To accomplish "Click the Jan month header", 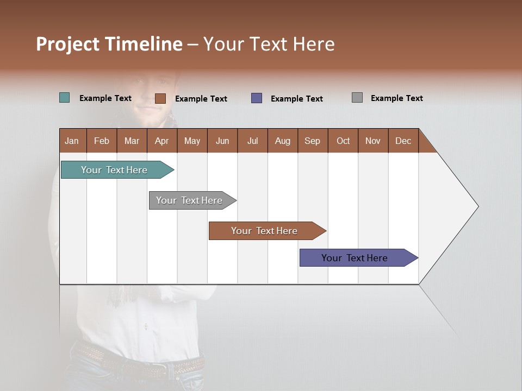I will [72, 141].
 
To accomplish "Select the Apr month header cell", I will [162, 141].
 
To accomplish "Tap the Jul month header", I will [252, 141].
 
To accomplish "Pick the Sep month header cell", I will [313, 141].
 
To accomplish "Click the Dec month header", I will [403, 141].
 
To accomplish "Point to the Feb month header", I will [102, 141].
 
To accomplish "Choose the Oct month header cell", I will [343, 141].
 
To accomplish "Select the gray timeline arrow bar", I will [190, 200].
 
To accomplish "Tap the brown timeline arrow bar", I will [265, 231].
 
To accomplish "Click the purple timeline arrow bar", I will [356, 258].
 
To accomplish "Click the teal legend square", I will [65, 98].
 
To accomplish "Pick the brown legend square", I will [160, 98].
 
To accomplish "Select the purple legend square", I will [257, 98].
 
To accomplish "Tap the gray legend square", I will [357, 98].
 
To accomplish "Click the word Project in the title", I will [67, 44].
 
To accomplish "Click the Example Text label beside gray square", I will [396, 98].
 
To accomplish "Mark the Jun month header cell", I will [222, 141].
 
